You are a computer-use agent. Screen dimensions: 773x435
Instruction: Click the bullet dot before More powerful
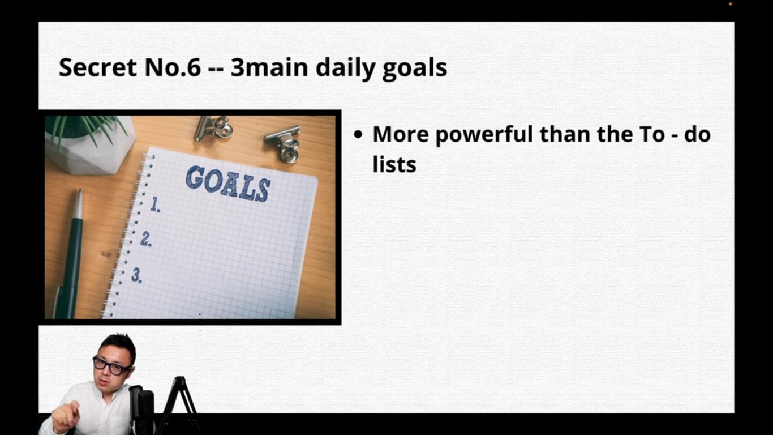358,135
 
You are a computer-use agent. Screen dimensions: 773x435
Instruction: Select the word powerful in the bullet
484,135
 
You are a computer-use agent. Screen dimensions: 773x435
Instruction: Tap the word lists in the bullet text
394,164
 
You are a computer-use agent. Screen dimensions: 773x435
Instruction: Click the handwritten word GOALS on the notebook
228,183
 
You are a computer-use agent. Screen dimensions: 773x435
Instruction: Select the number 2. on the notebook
146,239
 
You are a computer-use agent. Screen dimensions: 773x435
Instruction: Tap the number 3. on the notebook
136,275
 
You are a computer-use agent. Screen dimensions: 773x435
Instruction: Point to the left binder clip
213,129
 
